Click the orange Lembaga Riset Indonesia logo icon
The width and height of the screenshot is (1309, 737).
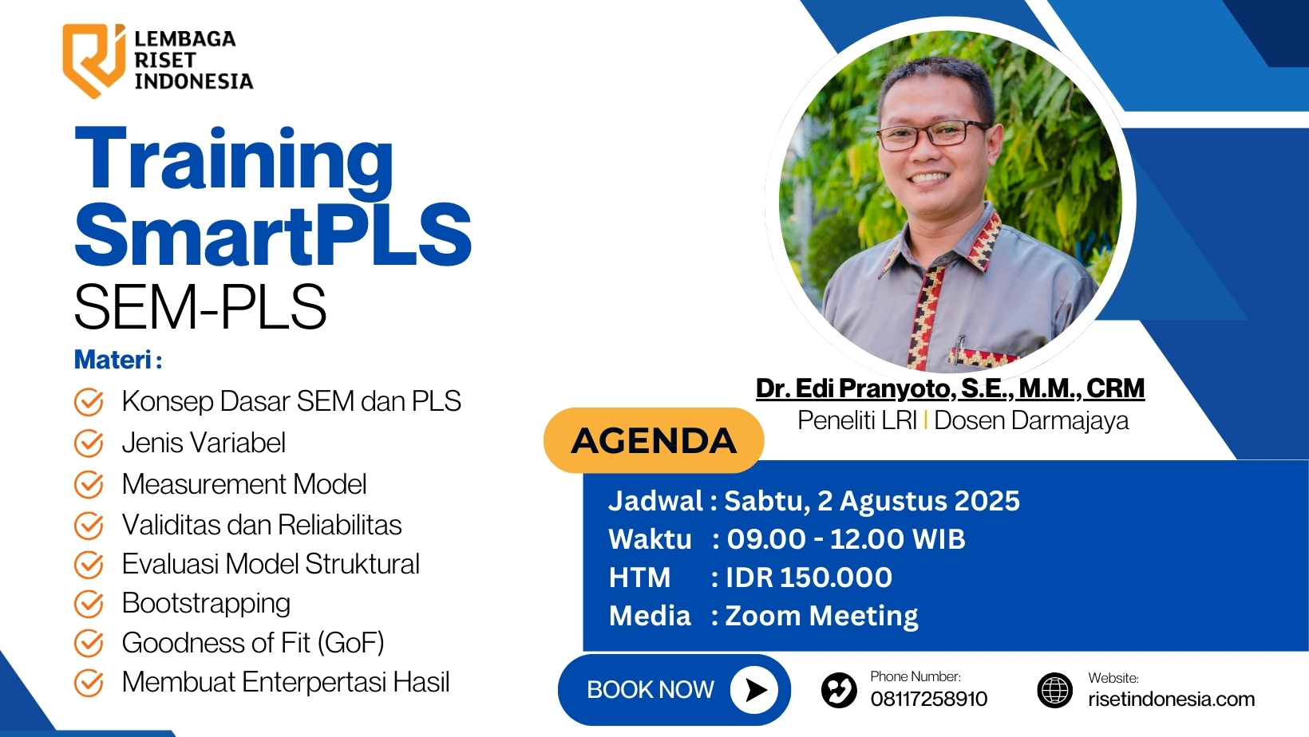click(x=94, y=60)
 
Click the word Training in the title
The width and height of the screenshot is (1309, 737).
click(x=235, y=160)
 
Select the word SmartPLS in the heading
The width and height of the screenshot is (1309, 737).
click(x=273, y=235)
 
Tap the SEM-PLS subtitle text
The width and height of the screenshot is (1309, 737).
click(x=200, y=307)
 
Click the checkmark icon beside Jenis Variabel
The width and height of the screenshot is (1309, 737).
click(x=89, y=443)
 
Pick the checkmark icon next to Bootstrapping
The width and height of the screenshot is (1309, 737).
click(x=89, y=604)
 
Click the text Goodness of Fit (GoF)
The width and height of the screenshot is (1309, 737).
click(x=253, y=642)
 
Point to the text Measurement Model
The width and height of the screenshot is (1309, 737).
click(x=244, y=484)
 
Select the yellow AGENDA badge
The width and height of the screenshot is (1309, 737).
click(x=654, y=440)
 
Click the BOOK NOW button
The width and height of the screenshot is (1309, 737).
click(x=674, y=690)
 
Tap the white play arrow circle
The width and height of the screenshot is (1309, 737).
click(x=753, y=690)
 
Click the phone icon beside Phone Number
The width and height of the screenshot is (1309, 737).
click(x=839, y=690)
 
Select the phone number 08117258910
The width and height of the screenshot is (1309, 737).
click(x=928, y=699)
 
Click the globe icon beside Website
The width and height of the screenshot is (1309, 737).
click(x=1055, y=690)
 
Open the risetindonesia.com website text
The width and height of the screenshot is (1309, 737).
click(x=1171, y=699)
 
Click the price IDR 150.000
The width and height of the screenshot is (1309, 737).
click(x=809, y=577)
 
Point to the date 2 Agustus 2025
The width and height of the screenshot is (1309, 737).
click(x=919, y=501)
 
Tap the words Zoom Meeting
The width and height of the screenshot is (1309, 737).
click(x=821, y=617)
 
